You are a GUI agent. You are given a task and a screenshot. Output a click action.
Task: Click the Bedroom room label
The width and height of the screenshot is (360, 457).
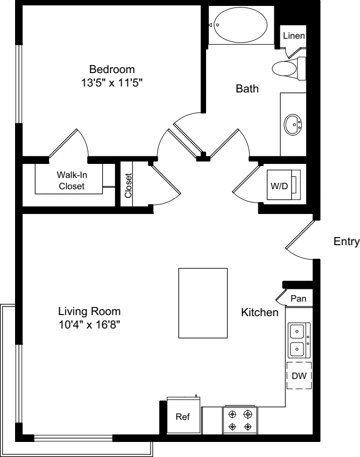coord(112,69)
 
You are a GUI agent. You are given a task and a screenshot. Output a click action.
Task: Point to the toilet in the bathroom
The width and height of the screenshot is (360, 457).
coord(288,68)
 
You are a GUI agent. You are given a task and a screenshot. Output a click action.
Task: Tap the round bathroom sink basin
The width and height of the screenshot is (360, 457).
coord(293,124)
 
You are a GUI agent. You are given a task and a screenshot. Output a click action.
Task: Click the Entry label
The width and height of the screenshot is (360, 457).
coord(346,241)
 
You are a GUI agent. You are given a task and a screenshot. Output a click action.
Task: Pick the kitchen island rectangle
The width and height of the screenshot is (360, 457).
coord(203,303)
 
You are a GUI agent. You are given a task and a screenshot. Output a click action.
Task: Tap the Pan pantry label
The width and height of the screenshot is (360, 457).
coord(298,298)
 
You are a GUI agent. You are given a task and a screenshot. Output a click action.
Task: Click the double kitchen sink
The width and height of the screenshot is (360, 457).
coord(298,340)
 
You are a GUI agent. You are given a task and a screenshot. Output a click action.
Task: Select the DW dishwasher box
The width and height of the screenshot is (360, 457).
coord(299,376)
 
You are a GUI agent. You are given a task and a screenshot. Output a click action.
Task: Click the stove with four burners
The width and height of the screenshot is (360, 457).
coord(240,420)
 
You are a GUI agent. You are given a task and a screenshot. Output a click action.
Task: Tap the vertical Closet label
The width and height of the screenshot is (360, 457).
coord(128,185)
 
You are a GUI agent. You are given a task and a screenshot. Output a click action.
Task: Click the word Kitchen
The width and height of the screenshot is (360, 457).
coord(259,312)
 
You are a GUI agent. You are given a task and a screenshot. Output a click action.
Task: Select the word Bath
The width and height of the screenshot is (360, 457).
coord(248,89)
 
